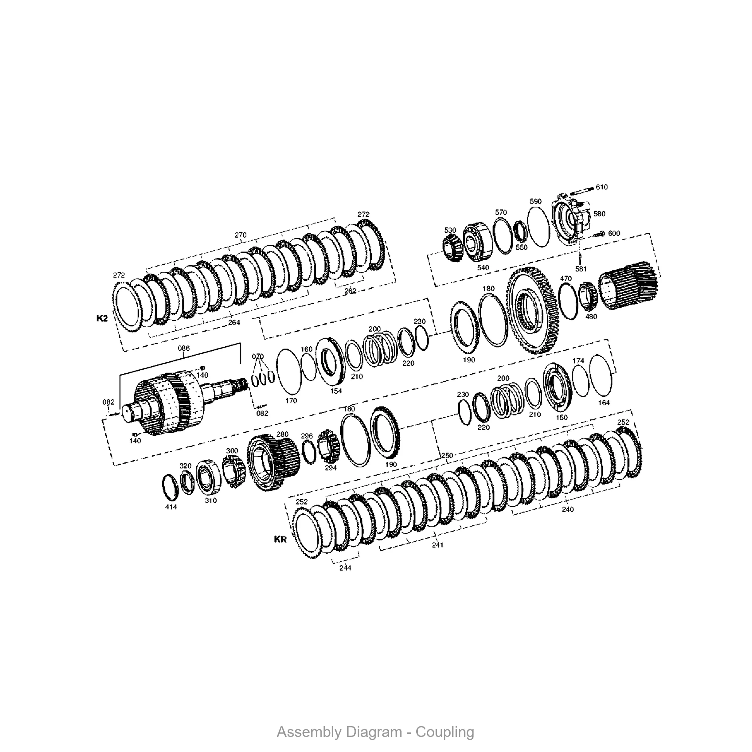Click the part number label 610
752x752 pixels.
click(601, 187)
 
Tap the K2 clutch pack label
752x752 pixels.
click(102, 318)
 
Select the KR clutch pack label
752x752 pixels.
click(280, 540)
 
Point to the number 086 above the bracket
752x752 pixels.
click(184, 348)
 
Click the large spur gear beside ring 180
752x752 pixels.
click(532, 311)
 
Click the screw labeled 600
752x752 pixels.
click(599, 234)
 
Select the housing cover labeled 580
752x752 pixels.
click(571, 219)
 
